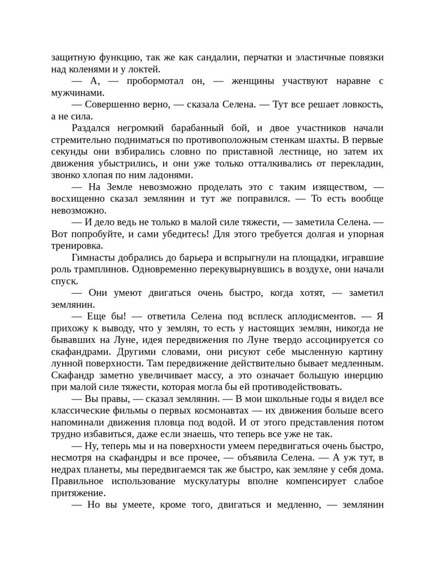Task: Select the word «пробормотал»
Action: (155, 81)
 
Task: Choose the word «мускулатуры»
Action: (220, 483)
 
